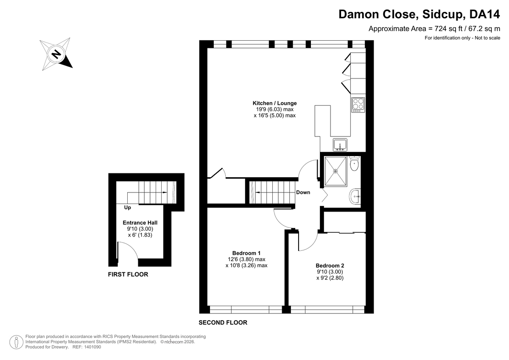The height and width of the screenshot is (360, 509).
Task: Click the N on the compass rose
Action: (x=56, y=54)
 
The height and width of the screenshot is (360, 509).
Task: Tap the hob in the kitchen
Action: (x=358, y=105)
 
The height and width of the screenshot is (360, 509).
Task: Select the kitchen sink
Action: (x=340, y=145)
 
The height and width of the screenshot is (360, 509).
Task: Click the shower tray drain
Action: (x=336, y=171)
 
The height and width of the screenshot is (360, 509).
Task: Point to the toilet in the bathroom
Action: (x=354, y=163)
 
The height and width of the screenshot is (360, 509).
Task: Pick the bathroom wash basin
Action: (x=355, y=196)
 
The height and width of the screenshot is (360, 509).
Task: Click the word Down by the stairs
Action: (x=303, y=193)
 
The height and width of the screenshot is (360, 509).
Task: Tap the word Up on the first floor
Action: (x=128, y=208)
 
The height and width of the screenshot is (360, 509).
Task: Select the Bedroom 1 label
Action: (x=246, y=253)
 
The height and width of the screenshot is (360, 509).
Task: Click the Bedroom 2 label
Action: (x=330, y=265)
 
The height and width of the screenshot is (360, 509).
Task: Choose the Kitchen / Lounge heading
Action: (x=275, y=103)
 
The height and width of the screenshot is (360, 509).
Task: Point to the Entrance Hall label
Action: (x=140, y=223)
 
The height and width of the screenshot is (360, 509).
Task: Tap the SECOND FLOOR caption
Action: (x=223, y=323)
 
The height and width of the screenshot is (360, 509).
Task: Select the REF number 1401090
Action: (x=92, y=347)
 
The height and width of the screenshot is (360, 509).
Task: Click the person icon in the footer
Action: (x=17, y=342)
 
